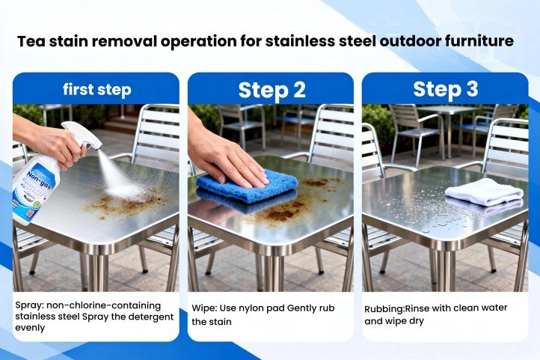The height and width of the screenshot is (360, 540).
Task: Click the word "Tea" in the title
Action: click(32, 40)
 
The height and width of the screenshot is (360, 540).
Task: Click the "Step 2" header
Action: click(271, 90)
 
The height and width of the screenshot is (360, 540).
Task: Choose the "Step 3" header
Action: click(445, 90)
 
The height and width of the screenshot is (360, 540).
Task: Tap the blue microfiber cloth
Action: click(247, 187)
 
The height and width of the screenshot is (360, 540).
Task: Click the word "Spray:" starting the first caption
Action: click(31, 305)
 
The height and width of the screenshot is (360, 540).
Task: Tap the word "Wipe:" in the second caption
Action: click(207, 308)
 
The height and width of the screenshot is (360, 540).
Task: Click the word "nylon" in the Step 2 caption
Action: click(265, 308)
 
